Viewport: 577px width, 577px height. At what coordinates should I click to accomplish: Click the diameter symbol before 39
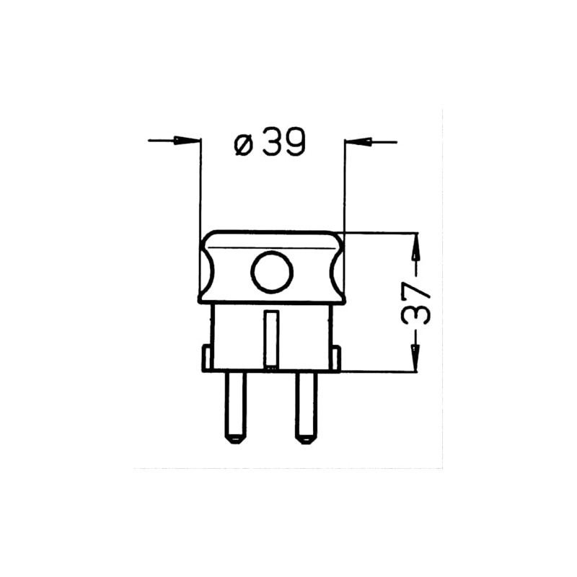pos(244,145)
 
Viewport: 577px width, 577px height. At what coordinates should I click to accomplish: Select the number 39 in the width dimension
pos(284,144)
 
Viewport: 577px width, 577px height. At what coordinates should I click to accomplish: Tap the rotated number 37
pos(418,304)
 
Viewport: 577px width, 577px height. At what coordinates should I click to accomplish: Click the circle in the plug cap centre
pos(272,273)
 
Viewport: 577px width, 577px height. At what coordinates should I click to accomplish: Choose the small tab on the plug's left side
pos(206,357)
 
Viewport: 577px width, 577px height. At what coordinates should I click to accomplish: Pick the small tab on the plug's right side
pos(335,357)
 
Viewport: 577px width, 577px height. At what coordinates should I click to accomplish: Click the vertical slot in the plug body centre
pos(271,339)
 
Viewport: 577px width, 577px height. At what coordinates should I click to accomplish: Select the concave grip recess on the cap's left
pos(209,268)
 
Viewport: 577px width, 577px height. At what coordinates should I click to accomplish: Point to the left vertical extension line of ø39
pos(201,188)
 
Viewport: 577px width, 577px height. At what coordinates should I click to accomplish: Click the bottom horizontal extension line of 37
pos(382,371)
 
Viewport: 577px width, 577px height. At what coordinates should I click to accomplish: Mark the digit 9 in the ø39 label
pos(294,144)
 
